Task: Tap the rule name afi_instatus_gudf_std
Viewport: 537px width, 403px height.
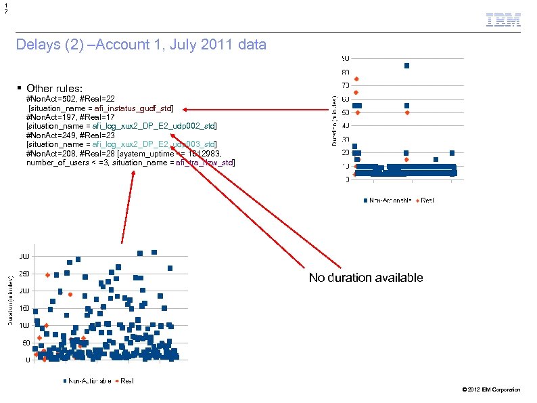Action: (133, 108)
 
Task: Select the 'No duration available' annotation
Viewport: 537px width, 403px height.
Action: (366, 278)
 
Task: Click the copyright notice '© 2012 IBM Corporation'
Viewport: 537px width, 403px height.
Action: (490, 389)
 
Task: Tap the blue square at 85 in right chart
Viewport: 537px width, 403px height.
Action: (406, 66)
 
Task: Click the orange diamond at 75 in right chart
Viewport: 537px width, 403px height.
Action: (356, 79)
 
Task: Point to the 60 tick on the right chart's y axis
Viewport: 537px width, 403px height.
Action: (345, 99)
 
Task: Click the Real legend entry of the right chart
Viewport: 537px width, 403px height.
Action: (425, 200)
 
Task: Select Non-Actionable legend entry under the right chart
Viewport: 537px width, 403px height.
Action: (387, 200)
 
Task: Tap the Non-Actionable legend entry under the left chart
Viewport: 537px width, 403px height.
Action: (86, 381)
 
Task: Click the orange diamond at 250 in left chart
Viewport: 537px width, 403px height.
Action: (47, 275)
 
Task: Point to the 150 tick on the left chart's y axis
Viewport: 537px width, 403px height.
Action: (24, 308)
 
